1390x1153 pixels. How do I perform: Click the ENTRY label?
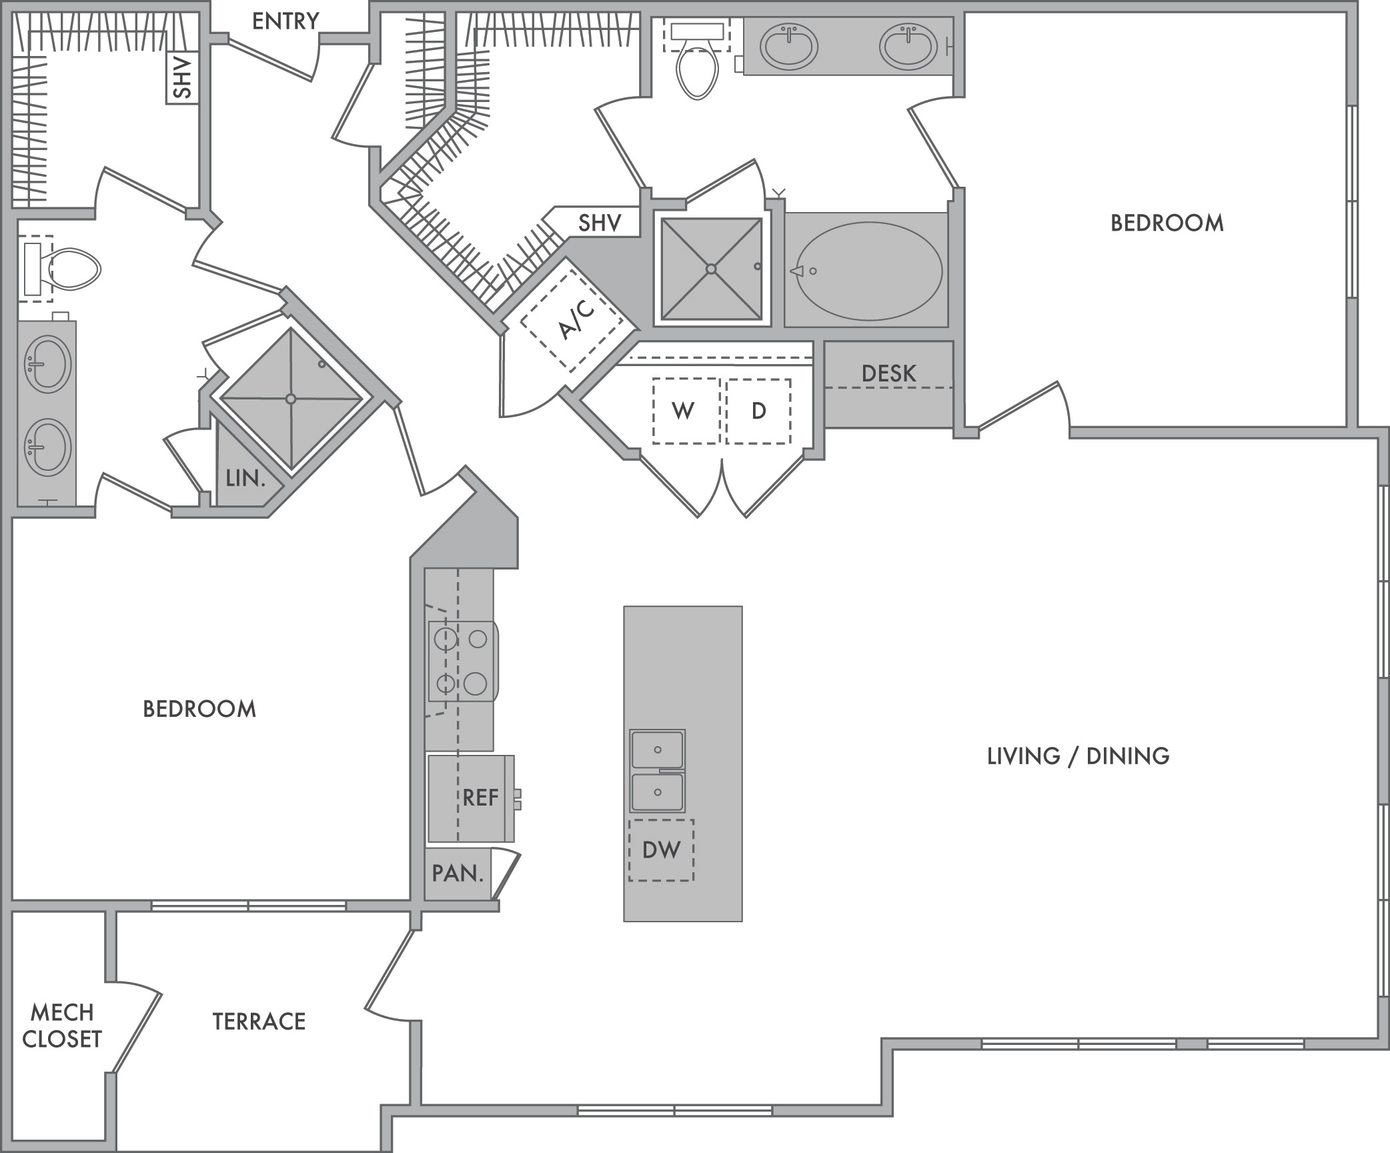coord(285,21)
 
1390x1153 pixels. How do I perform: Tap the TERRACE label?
coord(259,1021)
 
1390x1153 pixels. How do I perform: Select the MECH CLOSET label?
coord(62,1026)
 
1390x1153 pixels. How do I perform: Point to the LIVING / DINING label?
coord(1078,756)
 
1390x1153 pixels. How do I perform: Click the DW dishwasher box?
coord(661,850)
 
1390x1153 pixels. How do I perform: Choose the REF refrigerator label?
coord(480,798)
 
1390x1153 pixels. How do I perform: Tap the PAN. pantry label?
coord(458,873)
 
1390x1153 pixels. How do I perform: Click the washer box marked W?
coord(686,411)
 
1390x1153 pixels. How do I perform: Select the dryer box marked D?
coord(758,411)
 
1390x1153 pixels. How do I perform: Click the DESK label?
coord(888,373)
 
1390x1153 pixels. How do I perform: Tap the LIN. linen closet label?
coord(245,477)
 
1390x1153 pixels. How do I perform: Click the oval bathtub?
coord(868,271)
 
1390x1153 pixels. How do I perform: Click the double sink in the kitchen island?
coord(658,771)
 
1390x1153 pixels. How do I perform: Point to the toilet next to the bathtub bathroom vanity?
coord(697,61)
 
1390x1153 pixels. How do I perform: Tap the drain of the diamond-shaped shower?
coord(290,399)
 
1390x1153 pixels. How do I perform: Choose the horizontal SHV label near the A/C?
coord(600,223)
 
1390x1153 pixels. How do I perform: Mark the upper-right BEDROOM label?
coord(1167,223)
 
